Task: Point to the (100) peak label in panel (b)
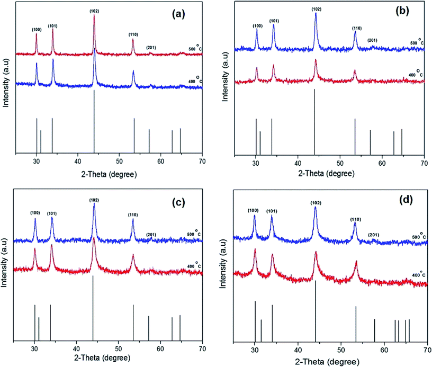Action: point(256,25)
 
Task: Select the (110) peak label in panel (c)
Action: point(133,215)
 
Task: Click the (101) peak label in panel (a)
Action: point(52,25)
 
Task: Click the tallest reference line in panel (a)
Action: point(94,122)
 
